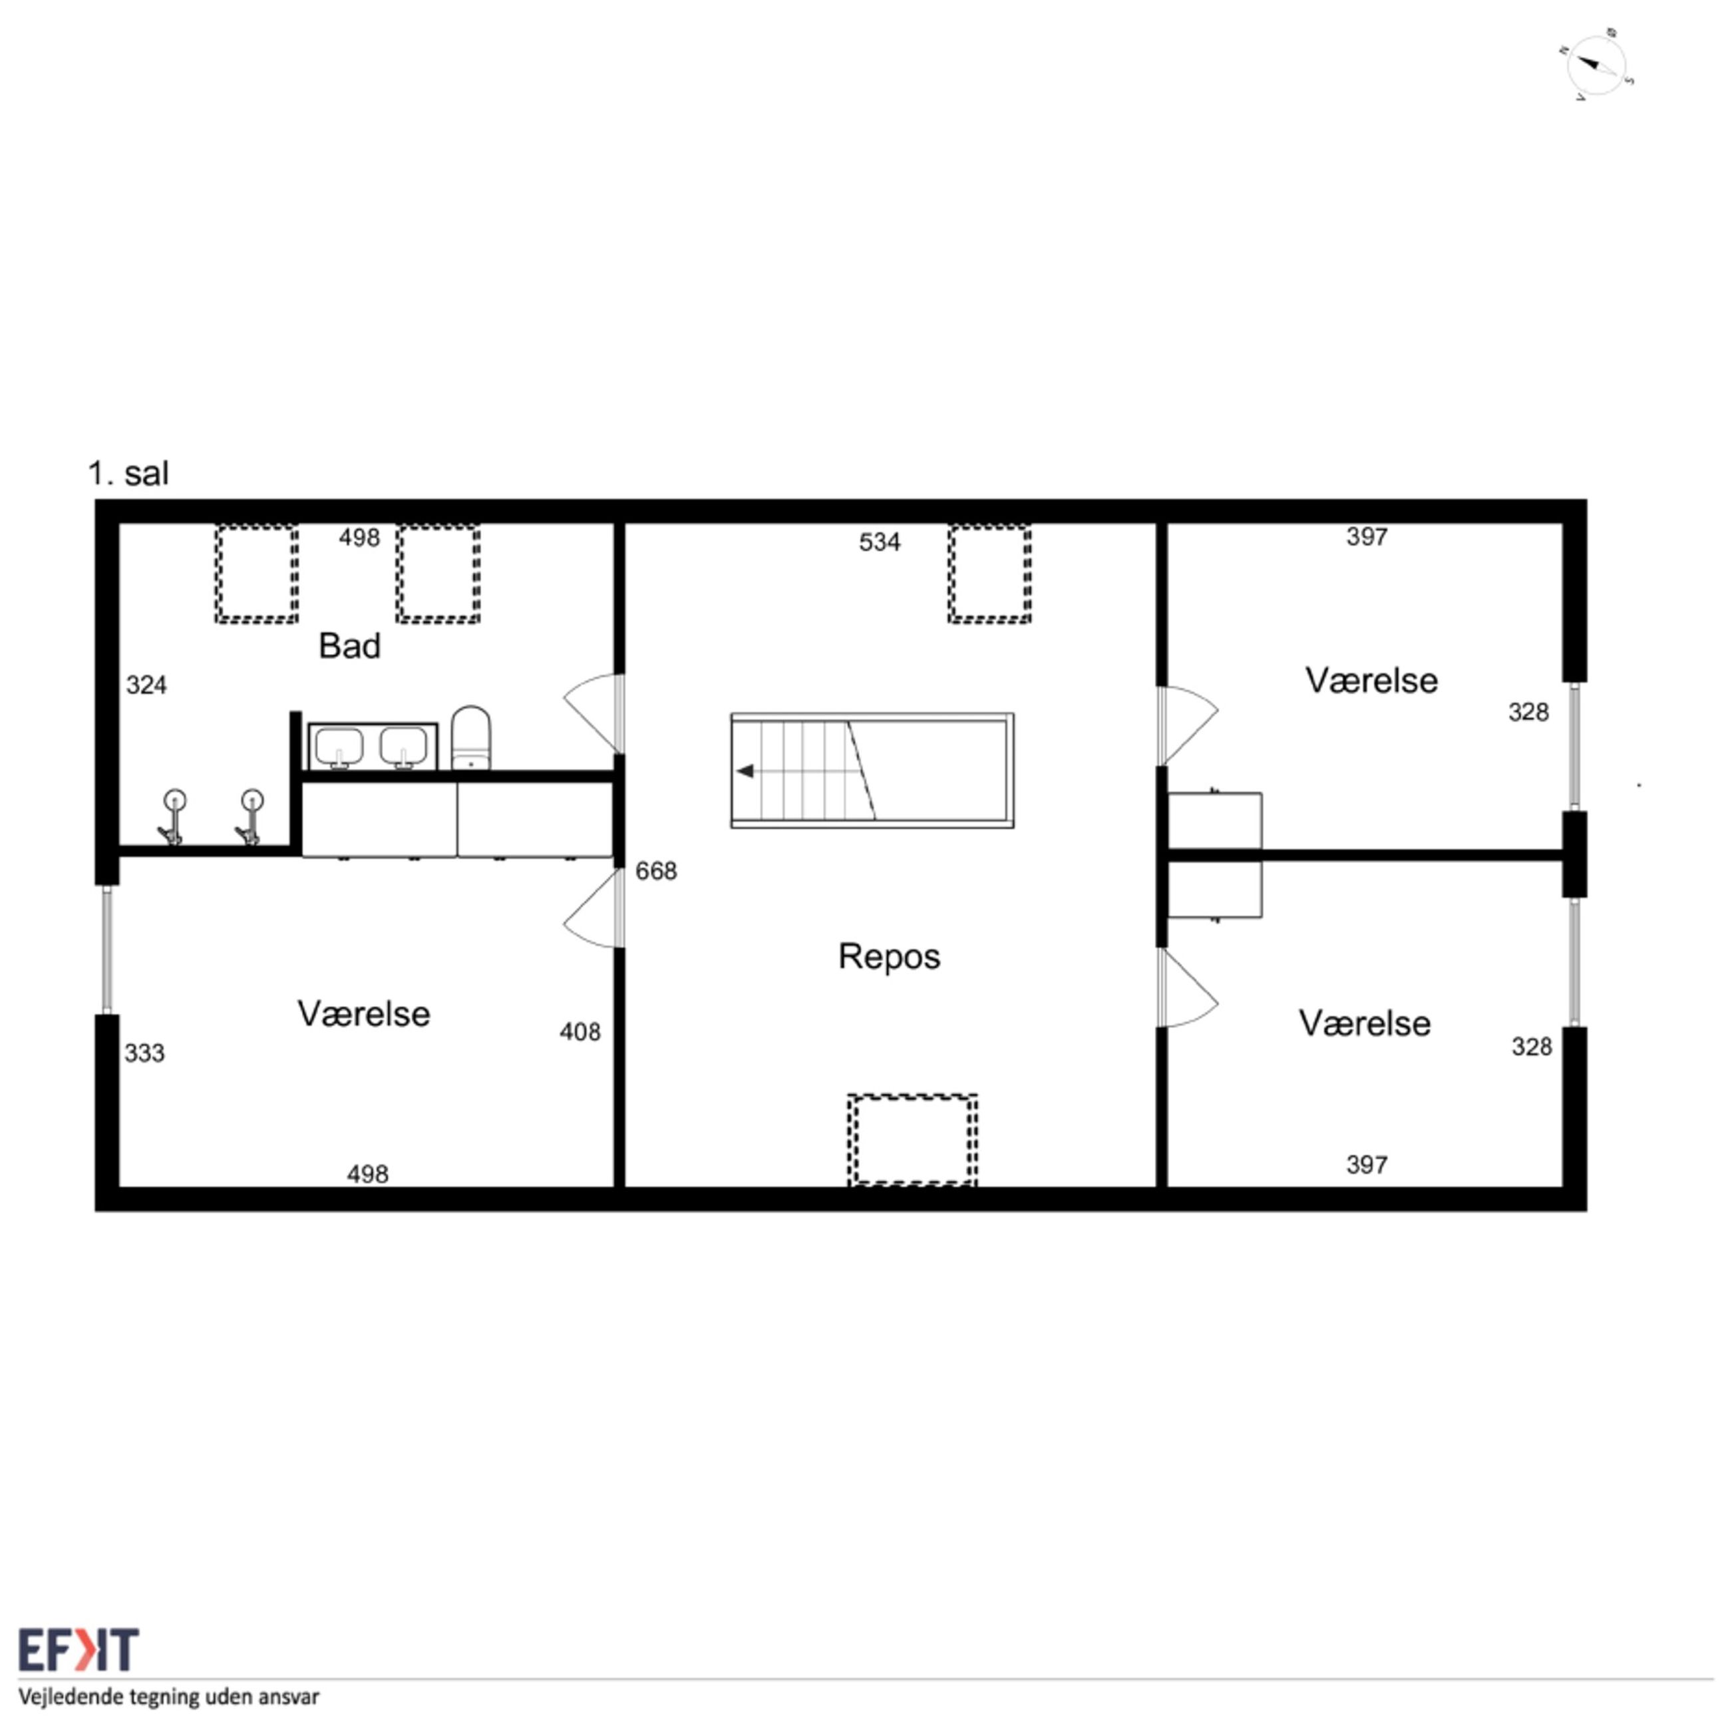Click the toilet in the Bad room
470,738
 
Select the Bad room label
349,645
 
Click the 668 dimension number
656,870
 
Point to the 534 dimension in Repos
880,542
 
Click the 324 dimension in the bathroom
146,685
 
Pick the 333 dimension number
144,1053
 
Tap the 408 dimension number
580,1033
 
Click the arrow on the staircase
745,771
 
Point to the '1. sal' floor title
128,473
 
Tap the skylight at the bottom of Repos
912,1140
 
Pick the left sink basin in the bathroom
339,747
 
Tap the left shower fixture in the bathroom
172,816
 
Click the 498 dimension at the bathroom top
359,537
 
